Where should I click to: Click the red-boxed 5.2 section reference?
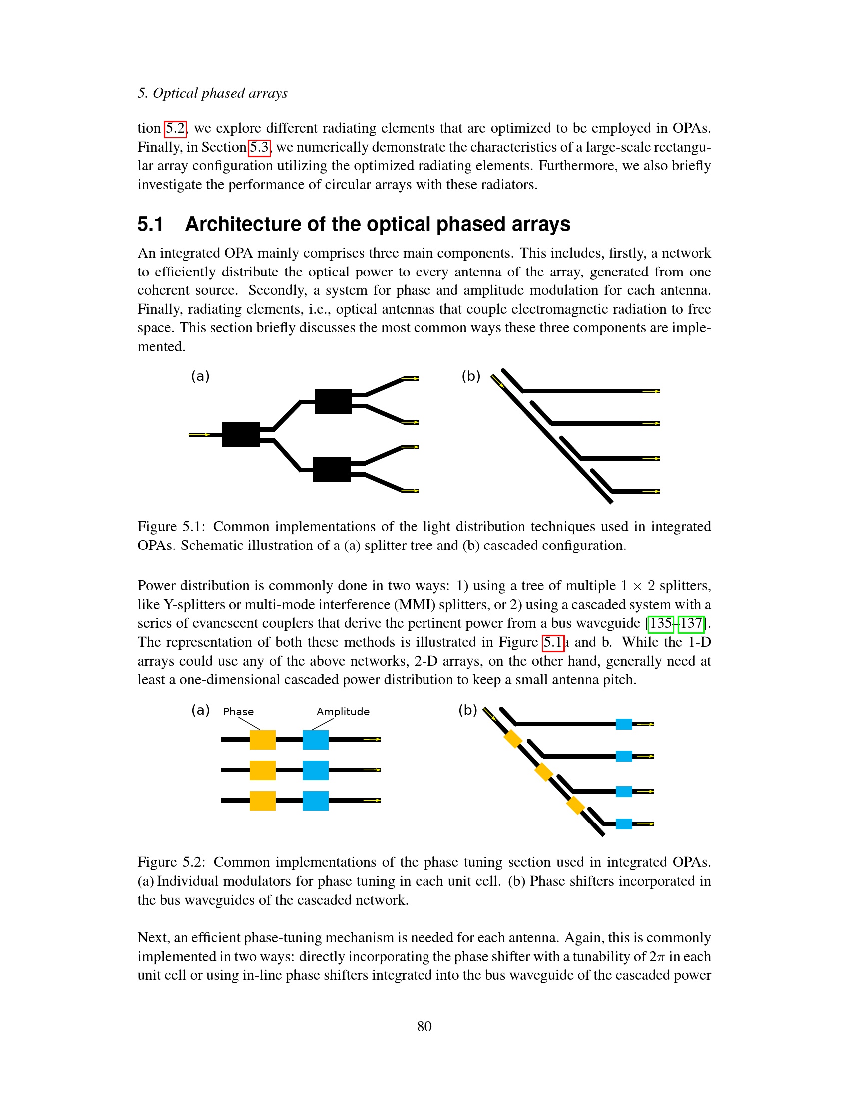tap(175, 129)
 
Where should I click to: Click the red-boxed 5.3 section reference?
tap(260, 147)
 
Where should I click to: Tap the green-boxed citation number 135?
tap(660, 624)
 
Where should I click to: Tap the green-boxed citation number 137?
tap(691, 624)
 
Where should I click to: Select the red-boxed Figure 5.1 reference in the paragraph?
tap(553, 643)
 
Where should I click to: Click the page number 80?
tap(424, 1026)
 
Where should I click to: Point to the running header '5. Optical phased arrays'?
tap(212, 93)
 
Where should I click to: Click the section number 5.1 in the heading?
tap(150, 224)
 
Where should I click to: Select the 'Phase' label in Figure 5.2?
tap(238, 711)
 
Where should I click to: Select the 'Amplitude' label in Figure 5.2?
tap(343, 711)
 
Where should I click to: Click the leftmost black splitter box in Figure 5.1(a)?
tap(240, 434)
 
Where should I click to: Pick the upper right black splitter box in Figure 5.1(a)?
tap(333, 401)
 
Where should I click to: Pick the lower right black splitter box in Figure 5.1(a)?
tap(332, 469)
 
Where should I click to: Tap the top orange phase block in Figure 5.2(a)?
tap(263, 740)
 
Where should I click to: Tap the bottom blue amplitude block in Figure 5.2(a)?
tap(315, 801)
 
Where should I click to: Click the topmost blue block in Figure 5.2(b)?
tap(624, 724)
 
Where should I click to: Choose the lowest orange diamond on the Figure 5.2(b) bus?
tap(575, 805)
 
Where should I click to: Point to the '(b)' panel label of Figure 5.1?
tap(471, 376)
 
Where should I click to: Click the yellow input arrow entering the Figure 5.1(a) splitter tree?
tap(200, 434)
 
